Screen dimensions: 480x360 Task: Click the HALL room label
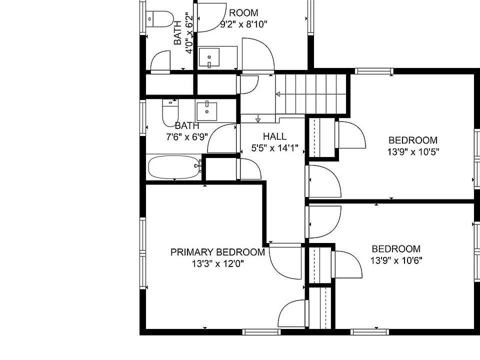point(274,136)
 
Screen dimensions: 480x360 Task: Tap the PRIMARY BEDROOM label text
point(217,252)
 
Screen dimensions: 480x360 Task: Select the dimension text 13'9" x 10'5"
point(413,152)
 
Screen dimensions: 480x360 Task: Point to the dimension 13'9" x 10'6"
point(396,260)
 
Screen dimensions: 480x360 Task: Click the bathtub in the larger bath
point(174,167)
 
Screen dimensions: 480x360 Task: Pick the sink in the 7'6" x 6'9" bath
point(207,111)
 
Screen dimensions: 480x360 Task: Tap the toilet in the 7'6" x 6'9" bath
point(170,113)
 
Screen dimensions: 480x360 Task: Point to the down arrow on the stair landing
point(258,118)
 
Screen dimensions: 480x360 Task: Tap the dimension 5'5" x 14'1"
point(274,148)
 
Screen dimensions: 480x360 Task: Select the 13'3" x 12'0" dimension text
point(217,263)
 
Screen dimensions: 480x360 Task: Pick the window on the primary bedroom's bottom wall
point(261,332)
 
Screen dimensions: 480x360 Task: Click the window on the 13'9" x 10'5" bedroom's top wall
point(374,71)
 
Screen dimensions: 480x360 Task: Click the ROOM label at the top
point(243,13)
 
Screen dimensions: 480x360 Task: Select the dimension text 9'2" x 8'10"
point(243,24)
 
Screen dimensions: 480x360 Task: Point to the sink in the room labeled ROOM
point(209,57)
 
